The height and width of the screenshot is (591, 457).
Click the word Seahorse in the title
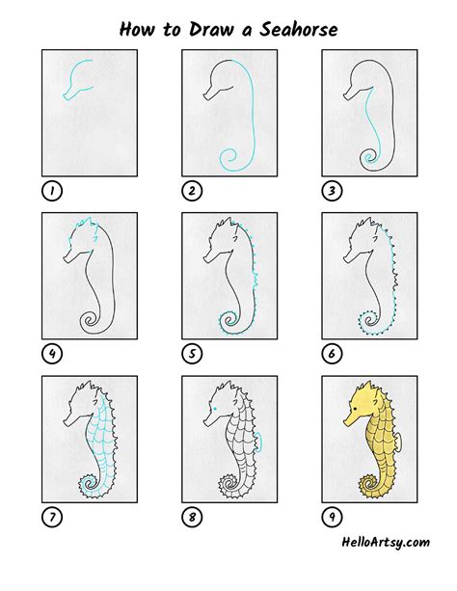[298, 29]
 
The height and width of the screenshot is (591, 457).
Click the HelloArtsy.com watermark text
[386, 543]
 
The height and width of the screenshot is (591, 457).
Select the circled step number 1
[52, 191]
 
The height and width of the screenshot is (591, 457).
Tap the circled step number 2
[192, 191]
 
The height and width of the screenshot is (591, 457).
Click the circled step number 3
[332, 191]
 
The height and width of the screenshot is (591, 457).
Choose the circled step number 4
[52, 354]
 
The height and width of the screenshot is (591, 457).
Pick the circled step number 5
[192, 354]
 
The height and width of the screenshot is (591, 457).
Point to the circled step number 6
[332, 354]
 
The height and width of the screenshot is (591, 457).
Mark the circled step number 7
[52, 517]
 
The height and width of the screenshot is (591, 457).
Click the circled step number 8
[192, 517]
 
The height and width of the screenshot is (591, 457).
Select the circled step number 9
[332, 517]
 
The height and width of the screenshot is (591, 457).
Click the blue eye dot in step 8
[215, 409]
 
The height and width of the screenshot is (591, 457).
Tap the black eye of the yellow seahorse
[355, 409]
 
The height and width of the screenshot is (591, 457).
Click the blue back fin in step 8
[259, 442]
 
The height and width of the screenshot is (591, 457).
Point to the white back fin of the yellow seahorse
[399, 442]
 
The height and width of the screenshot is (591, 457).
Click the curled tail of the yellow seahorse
[368, 485]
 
